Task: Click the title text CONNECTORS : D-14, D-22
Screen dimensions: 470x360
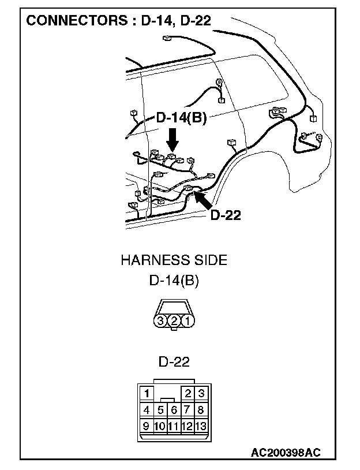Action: pyautogui.click(x=119, y=21)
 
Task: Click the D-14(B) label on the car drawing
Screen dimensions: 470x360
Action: pyautogui.click(x=181, y=118)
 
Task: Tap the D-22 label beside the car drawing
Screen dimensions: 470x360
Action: pyautogui.click(x=225, y=215)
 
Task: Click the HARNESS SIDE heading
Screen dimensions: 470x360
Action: pyautogui.click(x=174, y=260)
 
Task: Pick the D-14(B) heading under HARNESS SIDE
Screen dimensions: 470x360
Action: pyautogui.click(x=174, y=281)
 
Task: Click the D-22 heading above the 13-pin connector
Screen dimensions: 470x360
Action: pyautogui.click(x=174, y=362)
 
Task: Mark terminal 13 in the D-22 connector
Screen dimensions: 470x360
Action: pyautogui.click(x=200, y=427)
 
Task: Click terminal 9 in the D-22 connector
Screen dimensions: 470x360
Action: pyautogui.click(x=147, y=427)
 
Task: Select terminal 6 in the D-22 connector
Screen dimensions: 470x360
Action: pyautogui.click(x=174, y=411)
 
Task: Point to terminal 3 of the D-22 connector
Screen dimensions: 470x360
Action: pyautogui.click(x=200, y=394)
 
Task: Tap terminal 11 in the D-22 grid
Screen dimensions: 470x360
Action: pyautogui.click(x=174, y=427)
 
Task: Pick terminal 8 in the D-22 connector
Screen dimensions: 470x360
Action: pyautogui.click(x=200, y=411)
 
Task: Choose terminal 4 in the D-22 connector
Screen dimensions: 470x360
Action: pyautogui.click(x=147, y=411)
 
